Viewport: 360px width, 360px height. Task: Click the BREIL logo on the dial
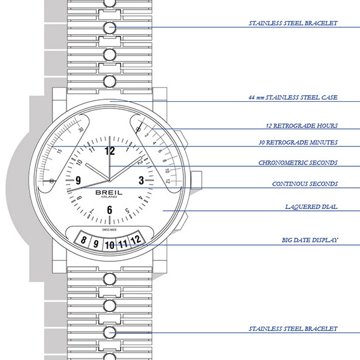click(109, 192)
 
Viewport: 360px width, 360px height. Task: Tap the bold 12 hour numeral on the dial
click(110, 151)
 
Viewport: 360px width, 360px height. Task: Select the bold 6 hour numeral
click(110, 210)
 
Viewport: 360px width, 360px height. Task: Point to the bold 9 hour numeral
click(79, 180)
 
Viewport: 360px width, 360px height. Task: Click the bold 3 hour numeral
click(141, 180)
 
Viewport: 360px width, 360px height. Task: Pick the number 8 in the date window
click(83, 240)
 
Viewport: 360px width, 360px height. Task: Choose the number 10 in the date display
click(110, 245)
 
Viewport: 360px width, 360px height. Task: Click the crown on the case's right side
click(196, 180)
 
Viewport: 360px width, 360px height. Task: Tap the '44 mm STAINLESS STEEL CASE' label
click(293, 97)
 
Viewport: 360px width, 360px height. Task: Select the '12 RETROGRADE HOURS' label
click(302, 126)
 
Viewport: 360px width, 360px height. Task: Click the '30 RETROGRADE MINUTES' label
click(298, 143)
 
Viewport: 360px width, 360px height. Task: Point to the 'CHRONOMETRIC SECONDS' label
click(298, 163)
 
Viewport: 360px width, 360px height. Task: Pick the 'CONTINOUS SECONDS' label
click(305, 184)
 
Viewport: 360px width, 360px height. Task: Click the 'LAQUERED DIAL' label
click(311, 207)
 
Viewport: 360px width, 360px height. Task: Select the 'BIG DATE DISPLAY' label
click(310, 240)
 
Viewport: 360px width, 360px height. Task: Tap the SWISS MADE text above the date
click(110, 230)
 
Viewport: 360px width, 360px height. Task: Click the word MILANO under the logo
click(109, 197)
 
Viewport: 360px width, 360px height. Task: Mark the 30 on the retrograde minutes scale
click(81, 130)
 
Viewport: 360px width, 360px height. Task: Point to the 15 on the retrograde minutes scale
click(59, 151)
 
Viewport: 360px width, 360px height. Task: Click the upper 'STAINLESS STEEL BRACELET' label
click(293, 23)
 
